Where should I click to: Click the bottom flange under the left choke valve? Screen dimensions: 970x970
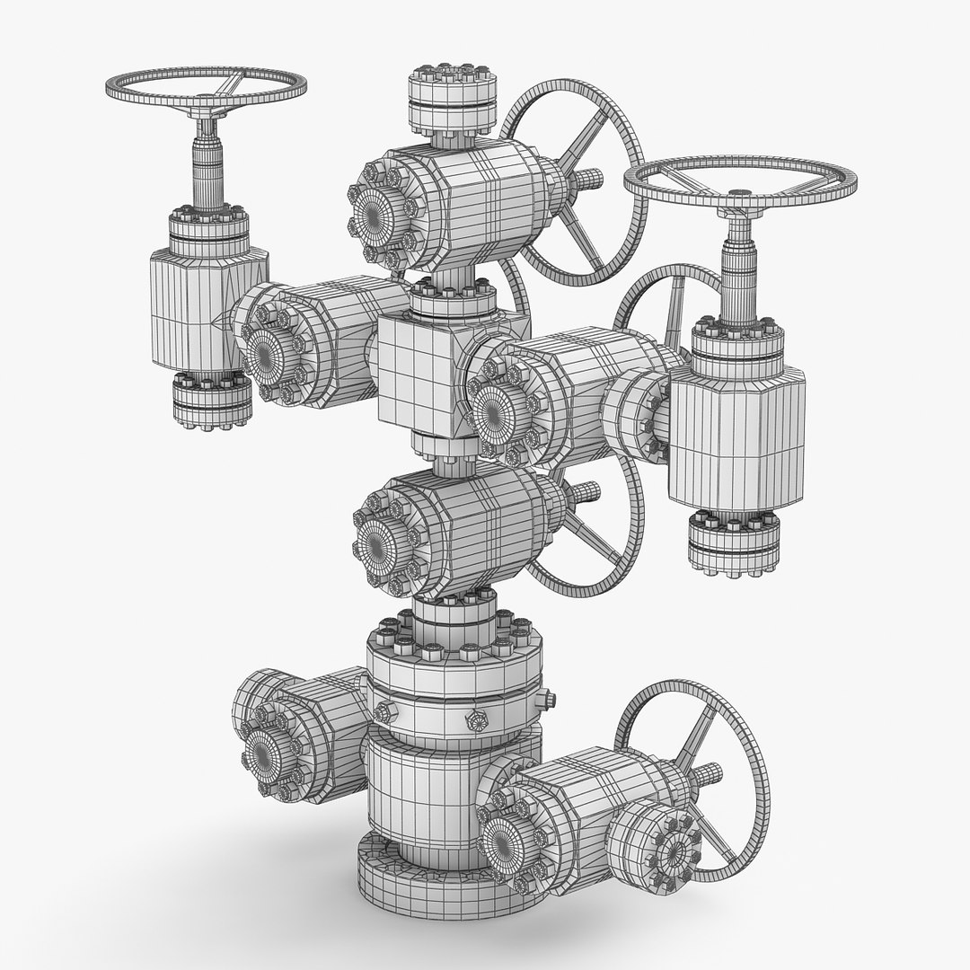[x=211, y=401]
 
